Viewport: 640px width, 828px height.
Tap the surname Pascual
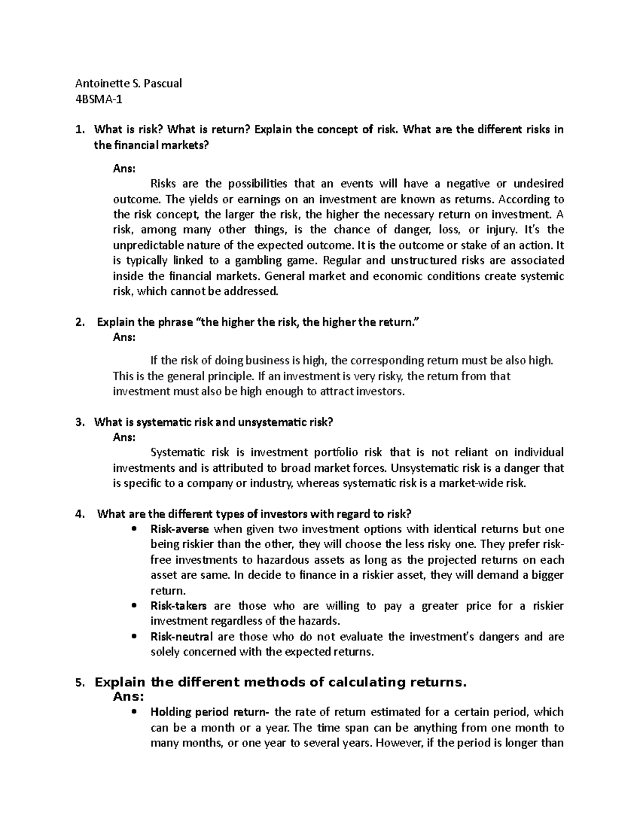(163, 83)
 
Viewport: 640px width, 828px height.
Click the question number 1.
(79, 130)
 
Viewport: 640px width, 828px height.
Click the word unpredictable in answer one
(148, 245)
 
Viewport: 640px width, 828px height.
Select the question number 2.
(79, 323)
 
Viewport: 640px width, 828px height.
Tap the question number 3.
(79, 423)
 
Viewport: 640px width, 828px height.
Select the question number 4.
(79, 514)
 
